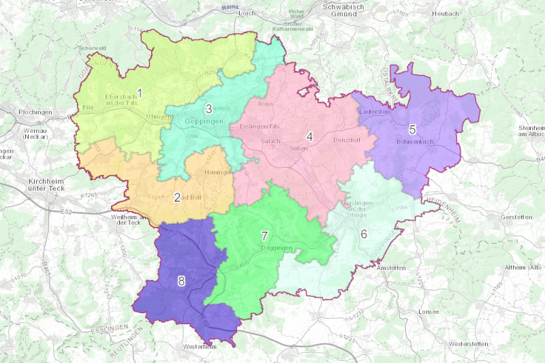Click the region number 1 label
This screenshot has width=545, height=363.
[x=140, y=92]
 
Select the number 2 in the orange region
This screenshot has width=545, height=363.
[x=177, y=198]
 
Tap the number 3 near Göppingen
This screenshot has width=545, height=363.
[x=209, y=108]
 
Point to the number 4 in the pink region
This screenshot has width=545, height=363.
[x=309, y=137]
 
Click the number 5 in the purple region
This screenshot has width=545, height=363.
[x=412, y=129]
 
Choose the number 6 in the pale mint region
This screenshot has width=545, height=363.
[x=364, y=234]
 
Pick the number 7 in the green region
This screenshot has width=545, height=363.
[x=264, y=236]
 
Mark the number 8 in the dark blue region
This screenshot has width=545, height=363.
[x=181, y=281]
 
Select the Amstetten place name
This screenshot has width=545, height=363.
[x=392, y=268]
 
